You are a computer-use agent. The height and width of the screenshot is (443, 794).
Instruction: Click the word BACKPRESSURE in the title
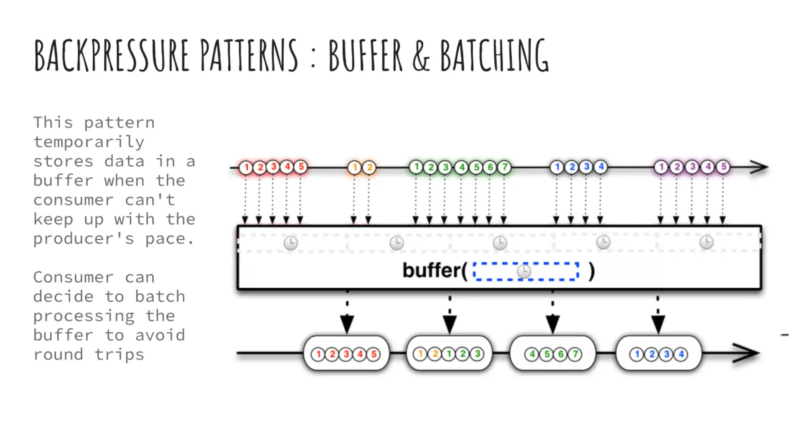tap(112, 55)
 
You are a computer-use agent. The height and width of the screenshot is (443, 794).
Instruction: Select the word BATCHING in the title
tap(495, 55)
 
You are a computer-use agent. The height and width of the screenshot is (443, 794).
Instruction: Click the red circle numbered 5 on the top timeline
tap(301, 167)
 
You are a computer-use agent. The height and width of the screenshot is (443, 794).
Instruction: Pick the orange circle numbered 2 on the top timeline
tap(369, 167)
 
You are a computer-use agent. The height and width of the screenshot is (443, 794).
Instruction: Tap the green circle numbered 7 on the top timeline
tap(504, 167)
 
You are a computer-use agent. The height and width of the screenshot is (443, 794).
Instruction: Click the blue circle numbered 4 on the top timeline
tap(601, 167)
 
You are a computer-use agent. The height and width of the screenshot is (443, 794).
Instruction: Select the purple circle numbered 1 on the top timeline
tap(661, 167)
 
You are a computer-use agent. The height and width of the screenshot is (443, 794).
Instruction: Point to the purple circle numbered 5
tap(723, 167)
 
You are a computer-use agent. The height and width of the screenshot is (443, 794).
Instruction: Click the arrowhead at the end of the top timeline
tap(760, 167)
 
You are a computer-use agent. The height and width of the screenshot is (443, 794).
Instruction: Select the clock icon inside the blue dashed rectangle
tap(524, 271)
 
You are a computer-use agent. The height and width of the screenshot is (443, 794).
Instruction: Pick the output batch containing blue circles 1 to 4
tap(659, 354)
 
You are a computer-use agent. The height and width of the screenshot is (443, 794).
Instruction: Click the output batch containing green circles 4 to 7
tap(553, 354)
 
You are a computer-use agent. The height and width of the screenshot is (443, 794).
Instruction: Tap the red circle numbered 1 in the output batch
tap(318, 354)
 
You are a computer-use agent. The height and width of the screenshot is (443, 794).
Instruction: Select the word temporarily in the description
tap(89, 142)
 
